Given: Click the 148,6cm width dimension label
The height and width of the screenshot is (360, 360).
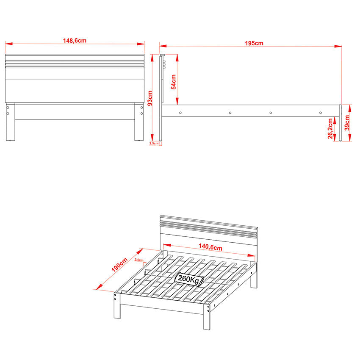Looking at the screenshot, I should [x=75, y=41].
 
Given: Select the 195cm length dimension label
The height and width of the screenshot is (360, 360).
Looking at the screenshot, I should [x=254, y=43].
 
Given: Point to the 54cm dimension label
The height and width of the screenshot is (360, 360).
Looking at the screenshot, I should [x=173, y=80].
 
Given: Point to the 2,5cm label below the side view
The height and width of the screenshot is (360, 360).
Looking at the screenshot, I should [x=154, y=144].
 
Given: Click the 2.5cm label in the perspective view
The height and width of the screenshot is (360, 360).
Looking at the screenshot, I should [x=138, y=260].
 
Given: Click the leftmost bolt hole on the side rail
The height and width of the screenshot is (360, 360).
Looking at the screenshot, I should [x=181, y=113].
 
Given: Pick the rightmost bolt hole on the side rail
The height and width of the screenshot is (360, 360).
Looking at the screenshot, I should [x=320, y=113].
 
